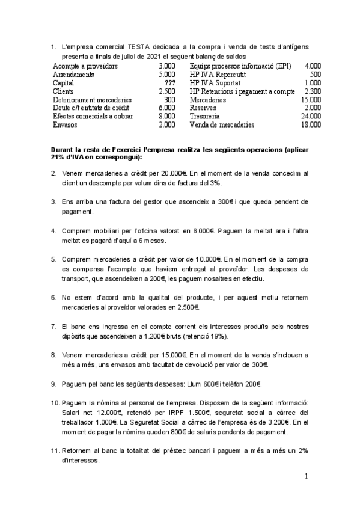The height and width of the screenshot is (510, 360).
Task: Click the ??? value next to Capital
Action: point(169,82)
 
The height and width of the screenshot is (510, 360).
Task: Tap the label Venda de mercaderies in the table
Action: point(222,124)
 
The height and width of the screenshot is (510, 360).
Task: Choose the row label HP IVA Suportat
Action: point(215,82)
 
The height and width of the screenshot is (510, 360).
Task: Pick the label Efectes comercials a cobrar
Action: point(91,116)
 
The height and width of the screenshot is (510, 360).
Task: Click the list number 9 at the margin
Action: point(53,384)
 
